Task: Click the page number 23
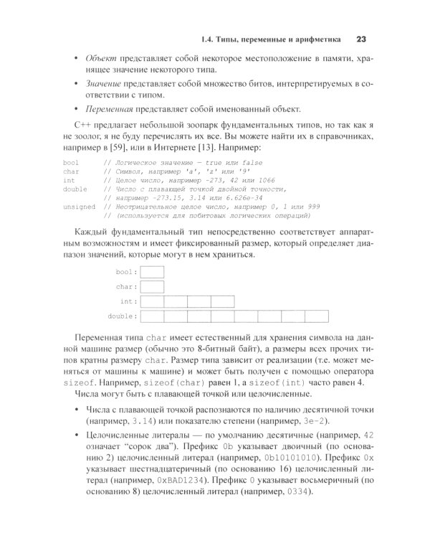[x=360, y=39]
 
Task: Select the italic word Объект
[x=101, y=57]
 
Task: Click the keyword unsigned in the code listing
[x=79, y=205]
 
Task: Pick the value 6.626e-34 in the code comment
[x=224, y=197]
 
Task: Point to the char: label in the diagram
[x=126, y=287]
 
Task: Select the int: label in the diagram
[x=128, y=301]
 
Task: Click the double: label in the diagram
[x=122, y=316]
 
